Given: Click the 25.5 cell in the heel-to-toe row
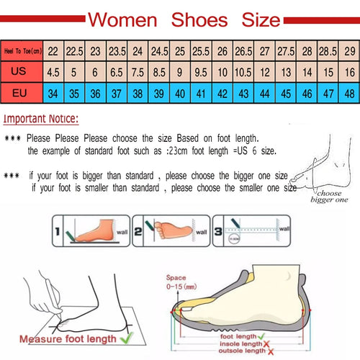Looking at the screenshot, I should click(x=201, y=50).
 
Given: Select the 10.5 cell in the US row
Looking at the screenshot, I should click(x=243, y=71).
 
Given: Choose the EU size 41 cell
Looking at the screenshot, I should click(x=201, y=93).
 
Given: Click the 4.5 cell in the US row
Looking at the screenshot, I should click(x=53, y=71).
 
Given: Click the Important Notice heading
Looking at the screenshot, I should click(x=41, y=119).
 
